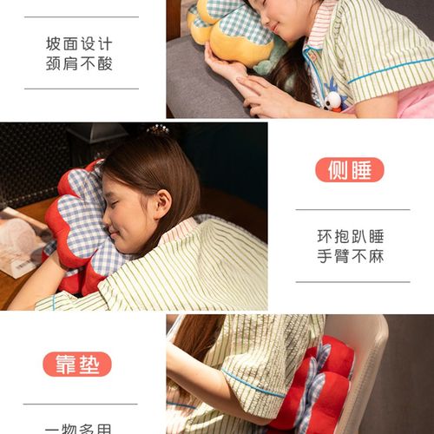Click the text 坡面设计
(x=80, y=43)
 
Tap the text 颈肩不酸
(x=80, y=63)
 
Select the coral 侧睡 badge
(x=350, y=169)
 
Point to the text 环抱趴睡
(x=352, y=235)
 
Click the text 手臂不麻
(x=352, y=256)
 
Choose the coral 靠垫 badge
(x=77, y=364)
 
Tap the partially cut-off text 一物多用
(x=80, y=427)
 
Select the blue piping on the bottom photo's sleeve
(x=252, y=382)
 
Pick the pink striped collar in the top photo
(x=318, y=26)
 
